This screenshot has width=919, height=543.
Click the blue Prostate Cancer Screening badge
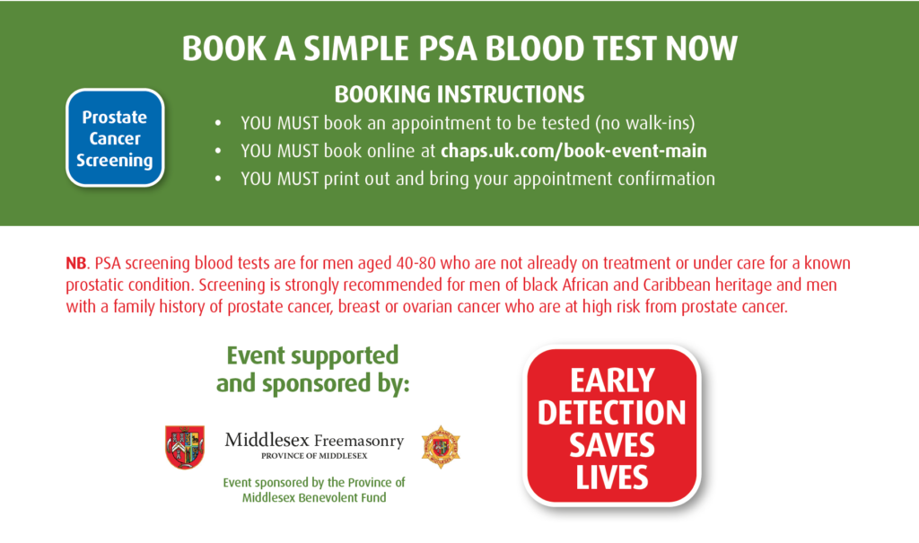tap(115, 138)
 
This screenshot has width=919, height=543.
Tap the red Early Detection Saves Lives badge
tap(612, 425)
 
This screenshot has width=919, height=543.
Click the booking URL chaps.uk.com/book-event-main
tap(573, 151)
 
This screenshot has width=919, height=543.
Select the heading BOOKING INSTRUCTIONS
tap(459, 94)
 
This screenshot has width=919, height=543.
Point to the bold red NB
tap(75, 263)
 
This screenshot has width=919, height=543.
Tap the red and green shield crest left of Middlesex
tap(185, 447)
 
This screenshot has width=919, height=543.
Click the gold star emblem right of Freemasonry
tap(441, 447)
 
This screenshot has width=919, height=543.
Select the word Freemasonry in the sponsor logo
tap(359, 441)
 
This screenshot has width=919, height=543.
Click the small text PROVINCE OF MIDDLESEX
tap(314, 456)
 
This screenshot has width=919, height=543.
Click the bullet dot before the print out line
tap(218, 179)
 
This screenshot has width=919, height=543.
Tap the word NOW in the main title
tap(702, 48)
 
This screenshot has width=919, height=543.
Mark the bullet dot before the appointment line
tap(218, 123)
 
